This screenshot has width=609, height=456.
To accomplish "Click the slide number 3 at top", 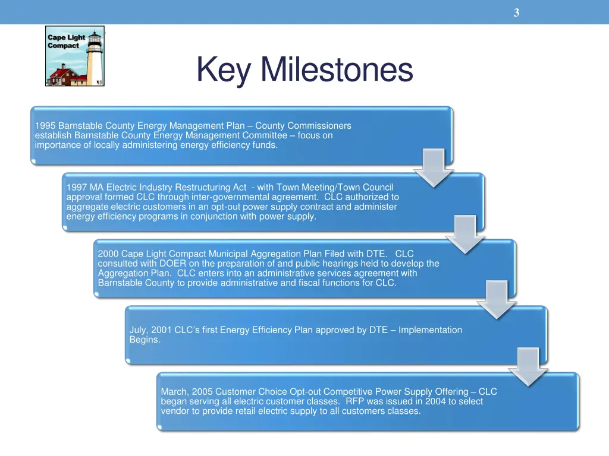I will click(x=516, y=12).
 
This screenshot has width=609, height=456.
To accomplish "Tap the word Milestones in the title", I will click(x=336, y=69).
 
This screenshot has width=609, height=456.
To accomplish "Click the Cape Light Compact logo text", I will click(x=63, y=42).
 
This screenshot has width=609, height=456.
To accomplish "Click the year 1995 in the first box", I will click(x=45, y=126).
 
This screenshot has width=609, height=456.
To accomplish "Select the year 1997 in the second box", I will click(x=77, y=188).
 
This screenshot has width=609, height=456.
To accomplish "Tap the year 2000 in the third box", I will click(x=108, y=254).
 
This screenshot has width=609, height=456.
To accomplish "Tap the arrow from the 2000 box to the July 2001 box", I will click(x=497, y=300).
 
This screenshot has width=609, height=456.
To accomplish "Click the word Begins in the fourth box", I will click(x=145, y=340).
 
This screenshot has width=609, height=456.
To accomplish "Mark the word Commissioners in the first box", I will click(x=319, y=126).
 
